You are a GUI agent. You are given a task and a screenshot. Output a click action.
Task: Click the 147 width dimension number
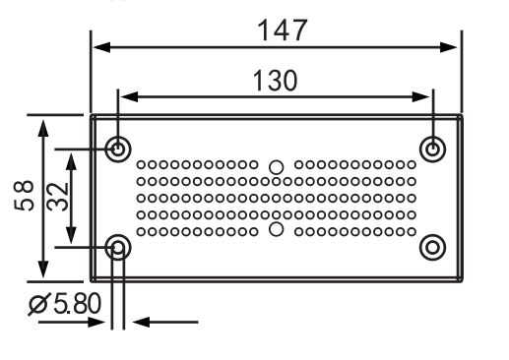(283, 30)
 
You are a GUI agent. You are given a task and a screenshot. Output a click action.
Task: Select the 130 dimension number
(276, 81)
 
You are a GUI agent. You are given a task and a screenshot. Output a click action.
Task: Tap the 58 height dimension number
(24, 196)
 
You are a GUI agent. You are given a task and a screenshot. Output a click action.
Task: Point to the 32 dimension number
(57, 197)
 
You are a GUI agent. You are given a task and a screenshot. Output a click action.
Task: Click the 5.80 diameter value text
(78, 304)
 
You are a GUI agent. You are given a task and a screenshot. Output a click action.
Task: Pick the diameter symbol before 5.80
(39, 304)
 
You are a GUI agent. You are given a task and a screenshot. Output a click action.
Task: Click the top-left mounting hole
(118, 150)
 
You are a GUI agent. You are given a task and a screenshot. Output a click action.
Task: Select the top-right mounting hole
(433, 150)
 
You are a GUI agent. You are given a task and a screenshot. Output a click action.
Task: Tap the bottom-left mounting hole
(118, 247)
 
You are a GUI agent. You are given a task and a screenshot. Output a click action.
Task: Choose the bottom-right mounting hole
(433, 247)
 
